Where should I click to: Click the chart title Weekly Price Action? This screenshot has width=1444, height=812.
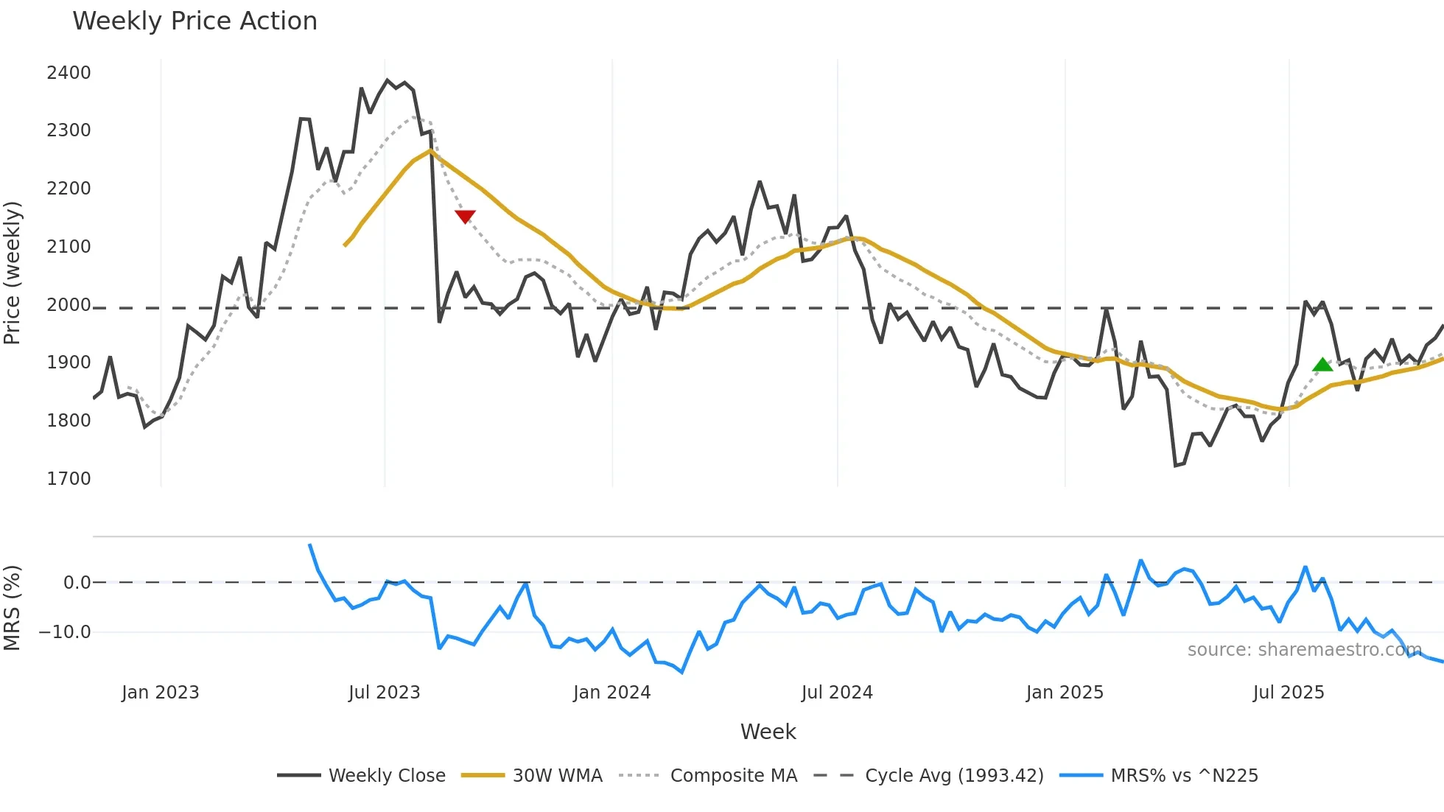(x=194, y=21)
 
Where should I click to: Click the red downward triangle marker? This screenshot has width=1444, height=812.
(x=465, y=216)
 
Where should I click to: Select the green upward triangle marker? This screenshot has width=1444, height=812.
(x=1322, y=364)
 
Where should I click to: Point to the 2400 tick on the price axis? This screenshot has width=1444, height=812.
(x=69, y=73)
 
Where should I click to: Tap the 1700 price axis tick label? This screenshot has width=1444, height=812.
(x=69, y=479)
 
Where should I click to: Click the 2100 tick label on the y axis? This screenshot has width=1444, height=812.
(x=69, y=247)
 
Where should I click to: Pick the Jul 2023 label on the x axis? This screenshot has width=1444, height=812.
(x=384, y=693)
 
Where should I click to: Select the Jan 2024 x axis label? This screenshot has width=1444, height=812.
(x=611, y=693)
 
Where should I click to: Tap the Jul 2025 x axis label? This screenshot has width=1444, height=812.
(x=1288, y=693)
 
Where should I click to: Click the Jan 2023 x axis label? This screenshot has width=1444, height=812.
(x=160, y=693)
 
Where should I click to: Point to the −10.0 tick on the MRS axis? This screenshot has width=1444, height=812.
(x=65, y=632)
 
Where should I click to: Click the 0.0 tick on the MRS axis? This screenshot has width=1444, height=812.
(x=77, y=583)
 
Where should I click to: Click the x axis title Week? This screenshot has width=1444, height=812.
(x=768, y=732)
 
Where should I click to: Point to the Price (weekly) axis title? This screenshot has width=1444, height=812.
(x=13, y=273)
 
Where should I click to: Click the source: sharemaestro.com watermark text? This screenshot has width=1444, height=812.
(x=1304, y=650)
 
